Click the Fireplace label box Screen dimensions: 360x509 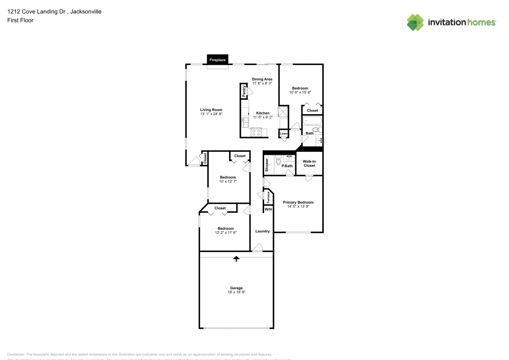tap(217, 60)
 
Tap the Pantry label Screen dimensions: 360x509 tap(244, 91)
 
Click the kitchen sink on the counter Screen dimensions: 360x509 tap(245, 121)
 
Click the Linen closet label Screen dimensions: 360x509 tap(283, 134)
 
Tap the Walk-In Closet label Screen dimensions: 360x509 tap(309, 163)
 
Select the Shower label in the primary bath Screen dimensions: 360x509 tap(267, 164)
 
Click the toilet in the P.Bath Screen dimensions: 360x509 tap(278, 161)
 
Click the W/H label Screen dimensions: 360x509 tap(268, 209)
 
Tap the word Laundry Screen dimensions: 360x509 tap(262, 231)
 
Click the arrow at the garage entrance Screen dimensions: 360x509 tap(236, 259)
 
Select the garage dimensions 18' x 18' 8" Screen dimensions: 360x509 tap(237, 292)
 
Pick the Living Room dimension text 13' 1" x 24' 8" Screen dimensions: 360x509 tap(211, 114)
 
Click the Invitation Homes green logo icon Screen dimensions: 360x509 tap(415, 22)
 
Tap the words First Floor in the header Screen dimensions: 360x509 tap(20, 20)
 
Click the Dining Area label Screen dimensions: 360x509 tap(262, 79)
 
